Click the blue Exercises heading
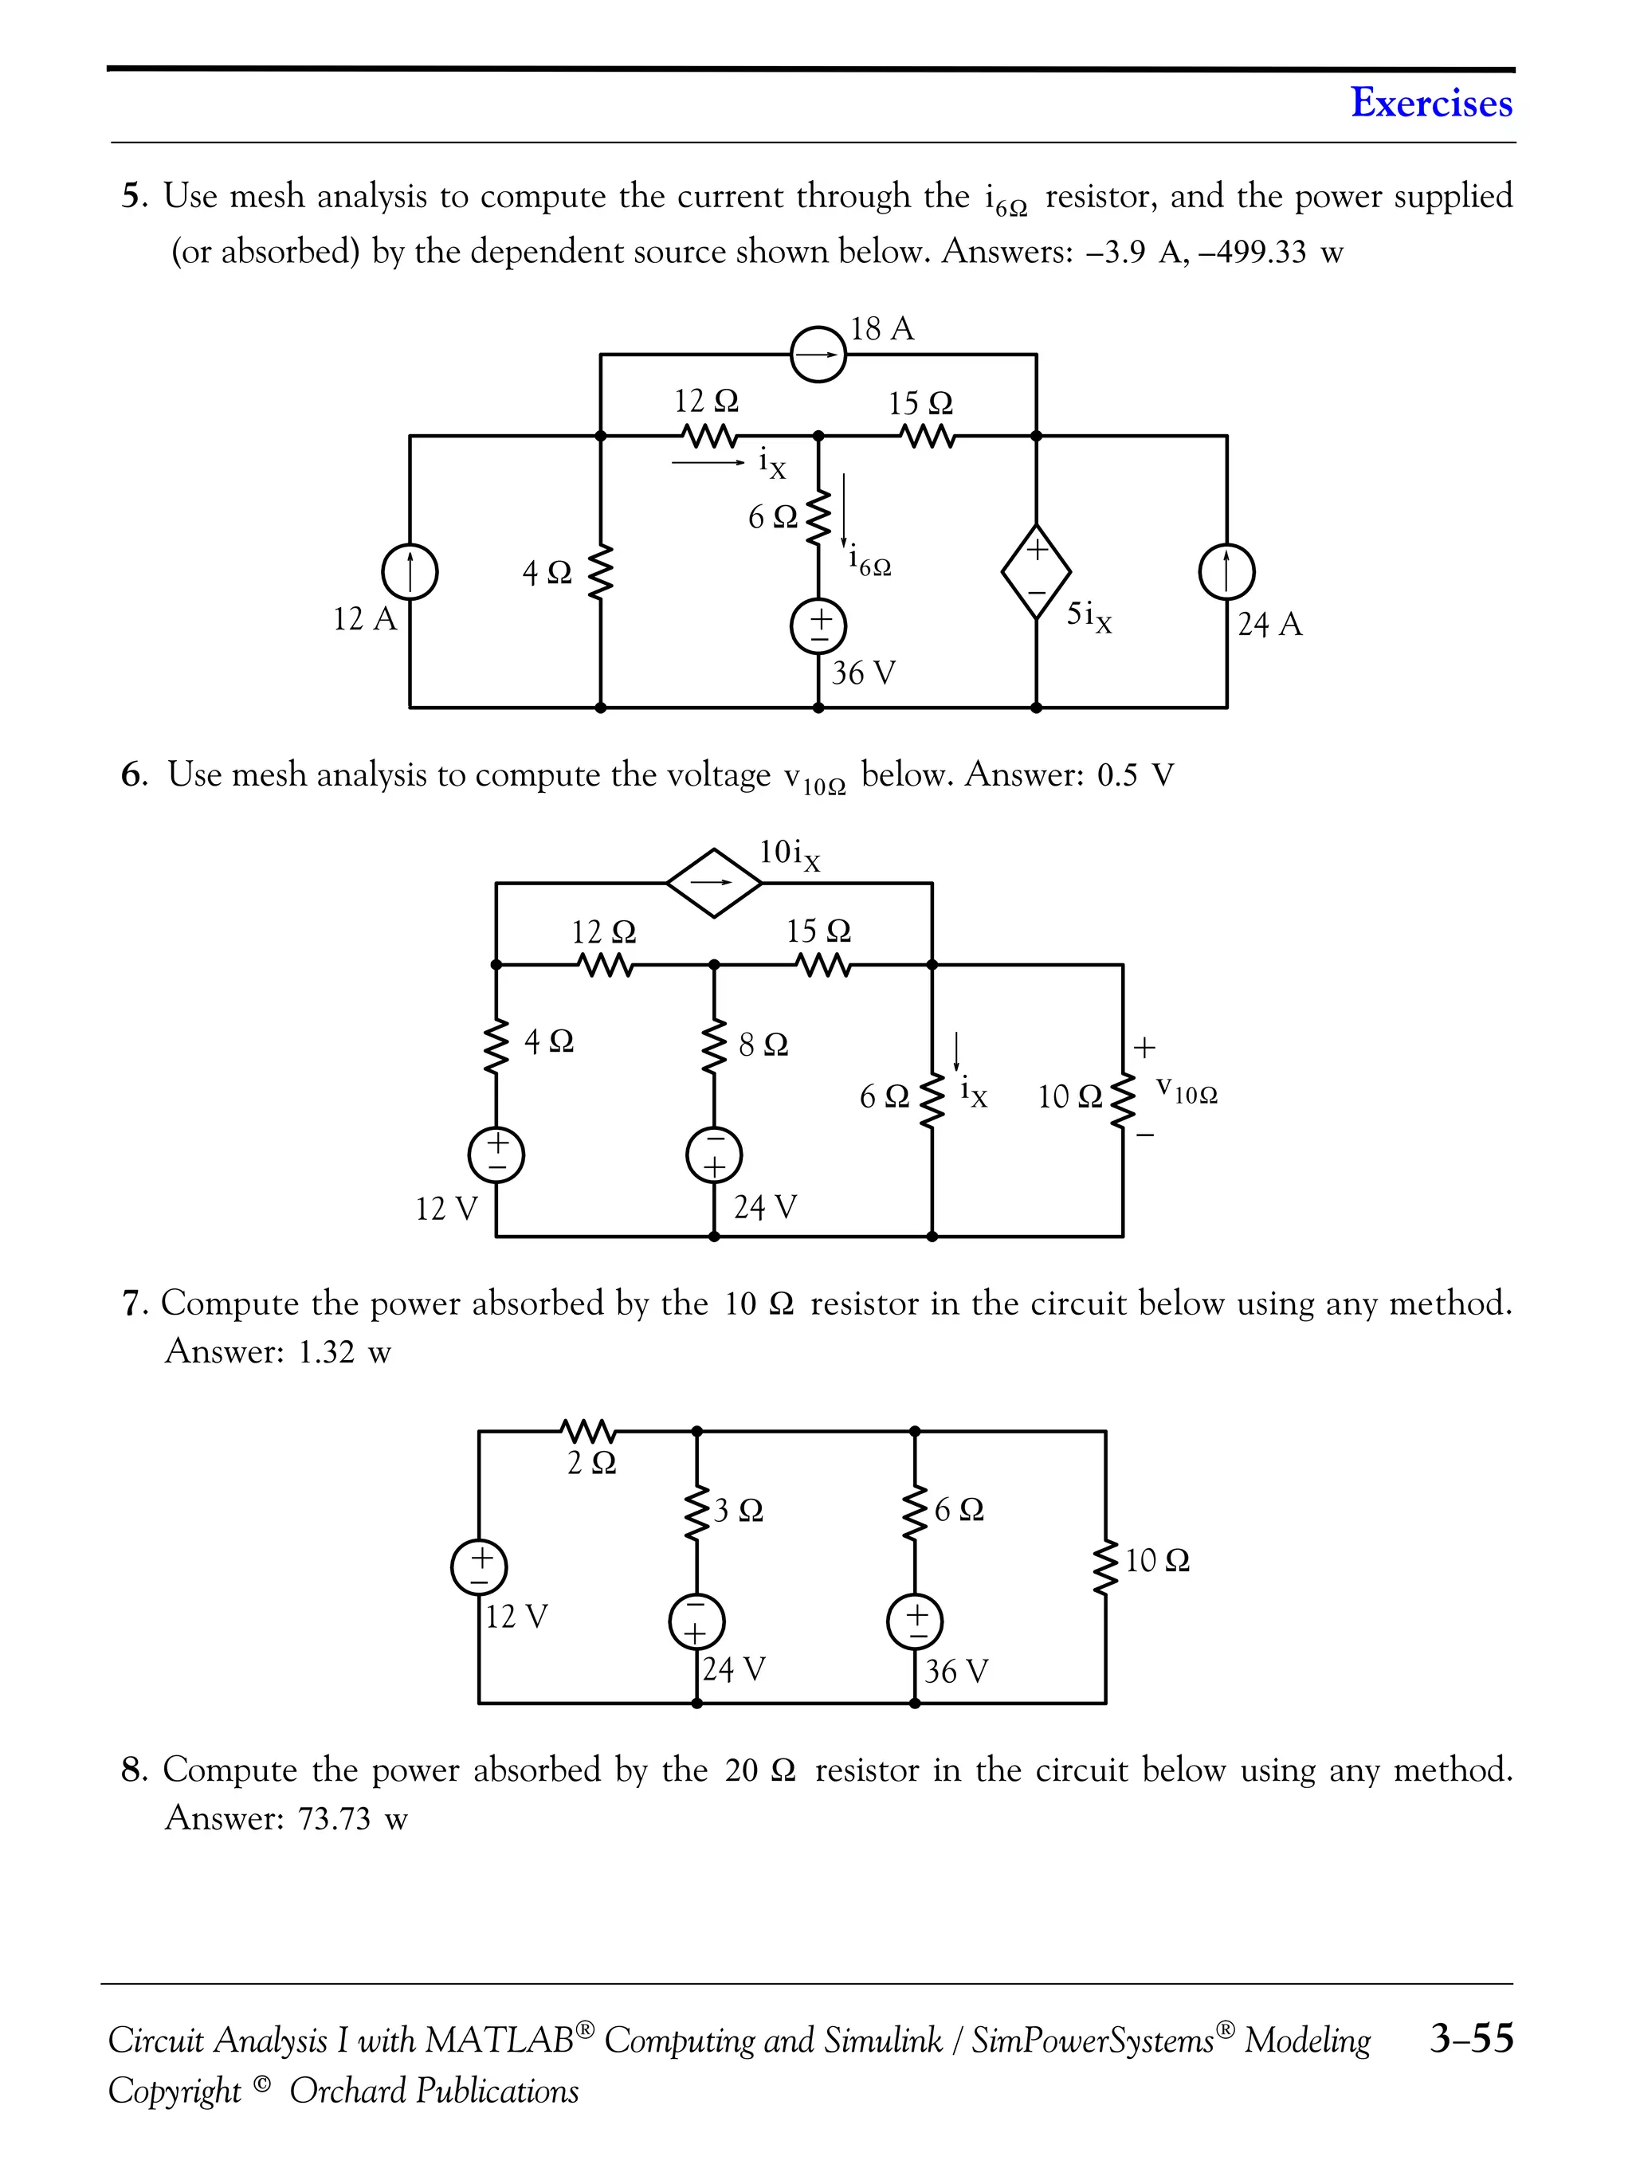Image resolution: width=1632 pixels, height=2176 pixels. coord(1430,102)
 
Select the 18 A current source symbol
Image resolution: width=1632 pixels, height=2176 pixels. coord(818,354)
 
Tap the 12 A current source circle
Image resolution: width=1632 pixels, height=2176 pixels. coord(410,571)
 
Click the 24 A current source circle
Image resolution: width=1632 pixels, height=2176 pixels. coord(1226,571)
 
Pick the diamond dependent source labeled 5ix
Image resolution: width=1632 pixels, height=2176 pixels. coord(1036,571)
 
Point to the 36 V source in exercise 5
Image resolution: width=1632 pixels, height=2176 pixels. coord(818,626)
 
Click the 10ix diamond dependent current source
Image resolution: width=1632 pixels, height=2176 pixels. coord(714,882)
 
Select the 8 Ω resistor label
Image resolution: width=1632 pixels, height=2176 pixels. coord(763,1045)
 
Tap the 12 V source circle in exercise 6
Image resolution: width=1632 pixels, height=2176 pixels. coord(496,1155)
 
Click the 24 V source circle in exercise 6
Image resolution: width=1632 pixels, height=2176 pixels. coord(714,1155)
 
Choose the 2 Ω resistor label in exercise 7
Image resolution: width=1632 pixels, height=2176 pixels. coord(592,1464)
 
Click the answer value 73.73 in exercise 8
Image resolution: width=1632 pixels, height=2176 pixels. coord(333,1819)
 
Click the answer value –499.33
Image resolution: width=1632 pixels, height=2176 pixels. coord(1252,252)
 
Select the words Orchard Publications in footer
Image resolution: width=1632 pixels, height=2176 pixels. coord(433,2091)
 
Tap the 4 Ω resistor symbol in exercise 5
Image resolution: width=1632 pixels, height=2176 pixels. coord(601,571)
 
